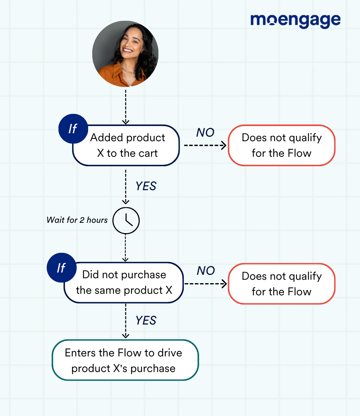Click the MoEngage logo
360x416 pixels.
(x=295, y=20)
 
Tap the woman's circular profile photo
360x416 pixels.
(x=125, y=54)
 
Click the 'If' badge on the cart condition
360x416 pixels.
(x=73, y=128)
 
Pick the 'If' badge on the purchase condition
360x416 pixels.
(x=61, y=268)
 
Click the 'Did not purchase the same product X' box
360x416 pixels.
(x=124, y=283)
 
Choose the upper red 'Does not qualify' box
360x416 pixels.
(x=281, y=145)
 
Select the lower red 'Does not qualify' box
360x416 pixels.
(x=281, y=284)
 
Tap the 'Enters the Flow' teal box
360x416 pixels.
(x=125, y=360)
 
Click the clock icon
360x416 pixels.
(x=126, y=220)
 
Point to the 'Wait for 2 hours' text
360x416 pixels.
(x=77, y=220)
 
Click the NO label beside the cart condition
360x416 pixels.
(x=205, y=132)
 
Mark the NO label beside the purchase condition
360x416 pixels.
(x=206, y=271)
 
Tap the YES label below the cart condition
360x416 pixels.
(x=146, y=186)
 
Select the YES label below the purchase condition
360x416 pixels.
(x=146, y=321)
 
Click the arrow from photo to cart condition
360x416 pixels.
(x=126, y=106)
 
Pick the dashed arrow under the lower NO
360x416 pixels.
(x=205, y=284)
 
